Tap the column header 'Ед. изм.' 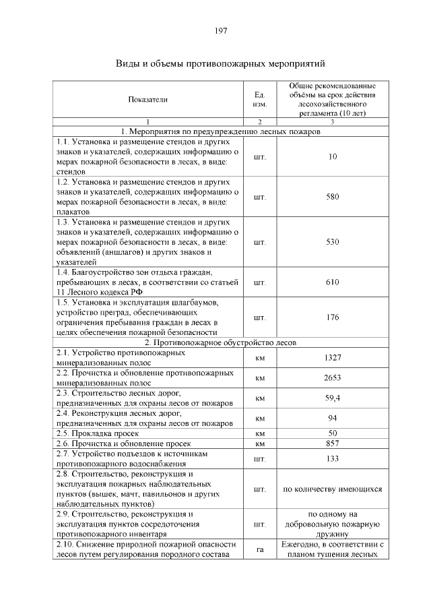(259, 100)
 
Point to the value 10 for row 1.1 (332, 156)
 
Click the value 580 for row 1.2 (332, 197)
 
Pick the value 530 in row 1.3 (332, 241)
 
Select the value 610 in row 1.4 (332, 282)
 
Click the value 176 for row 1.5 (332, 317)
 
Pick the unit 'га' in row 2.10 (259, 549)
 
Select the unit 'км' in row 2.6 (259, 444)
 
